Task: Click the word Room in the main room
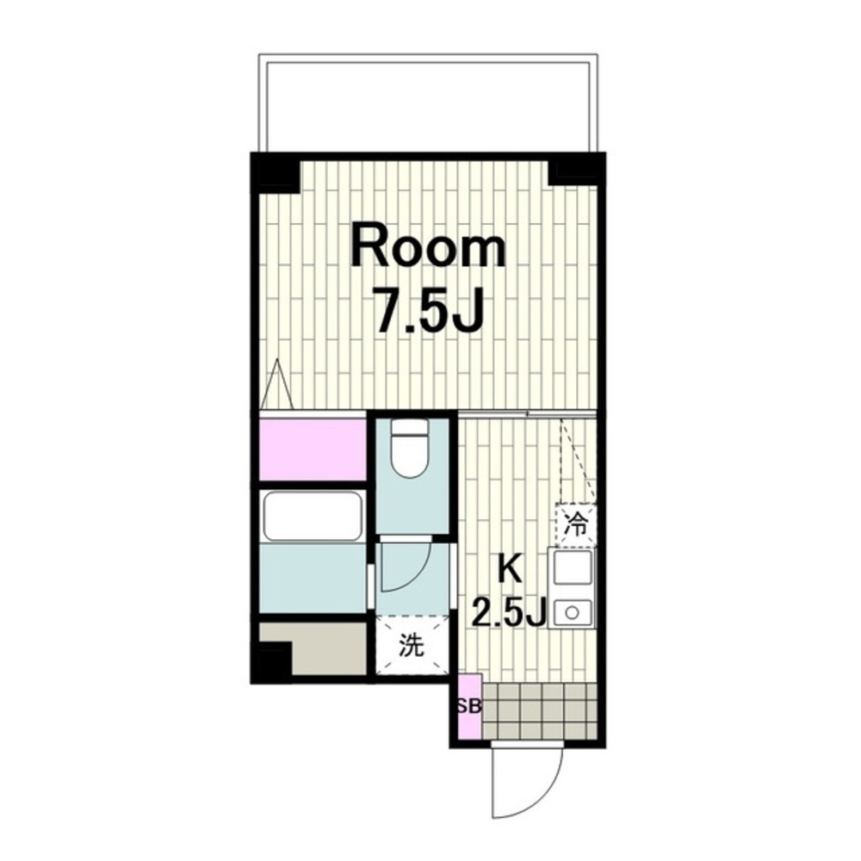click(428, 250)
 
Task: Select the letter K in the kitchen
click(510, 569)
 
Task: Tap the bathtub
click(313, 517)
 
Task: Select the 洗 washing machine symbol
click(412, 645)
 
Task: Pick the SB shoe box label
click(469, 706)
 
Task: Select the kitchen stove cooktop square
click(573, 567)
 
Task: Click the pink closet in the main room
click(313, 449)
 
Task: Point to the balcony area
click(427, 102)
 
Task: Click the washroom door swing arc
click(418, 574)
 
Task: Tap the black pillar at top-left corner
click(276, 173)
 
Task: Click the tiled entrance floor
click(539, 710)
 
